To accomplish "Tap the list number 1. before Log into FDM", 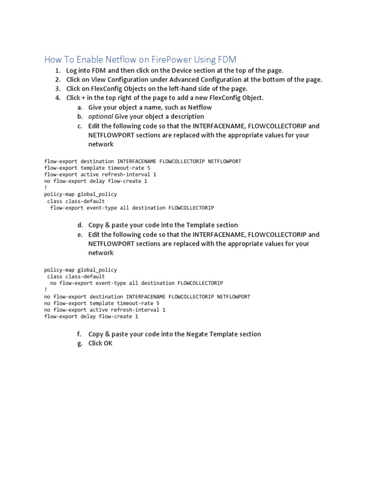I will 58,70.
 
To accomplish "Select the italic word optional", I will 101,117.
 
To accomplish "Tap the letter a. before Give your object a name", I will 80,107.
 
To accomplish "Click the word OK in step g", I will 107,343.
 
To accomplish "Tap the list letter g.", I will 80,343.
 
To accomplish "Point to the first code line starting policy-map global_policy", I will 81,194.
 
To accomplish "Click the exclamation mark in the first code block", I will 45,187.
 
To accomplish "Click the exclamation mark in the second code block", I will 45,290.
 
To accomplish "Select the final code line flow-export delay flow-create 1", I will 91,316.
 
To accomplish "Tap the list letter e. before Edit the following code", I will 80,234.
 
